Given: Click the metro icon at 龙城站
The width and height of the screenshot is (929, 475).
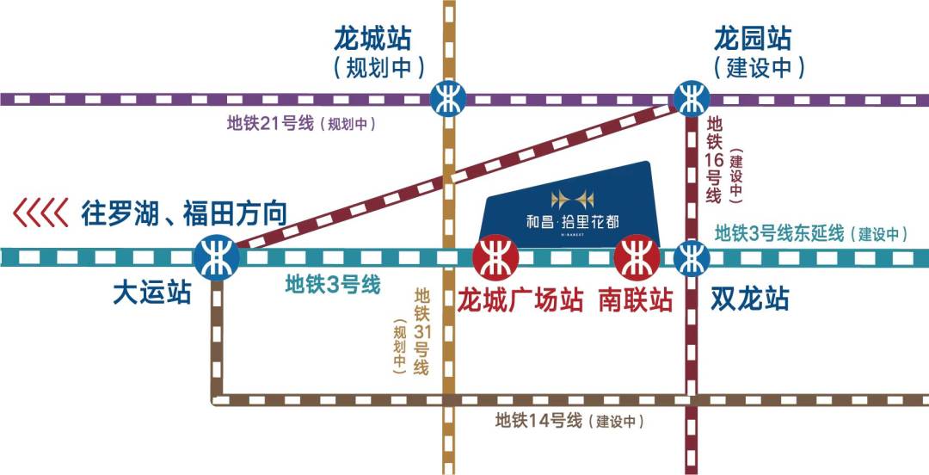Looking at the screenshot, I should [x=447, y=96].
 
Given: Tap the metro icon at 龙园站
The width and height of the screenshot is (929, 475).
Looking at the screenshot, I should [x=692, y=98].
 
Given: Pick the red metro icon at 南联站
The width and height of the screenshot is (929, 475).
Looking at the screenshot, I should [x=637, y=256].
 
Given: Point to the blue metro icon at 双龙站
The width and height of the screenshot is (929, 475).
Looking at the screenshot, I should [x=692, y=256].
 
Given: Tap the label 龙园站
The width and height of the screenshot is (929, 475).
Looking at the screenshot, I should [x=753, y=39].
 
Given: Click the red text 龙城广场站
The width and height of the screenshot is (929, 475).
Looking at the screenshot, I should [x=520, y=300].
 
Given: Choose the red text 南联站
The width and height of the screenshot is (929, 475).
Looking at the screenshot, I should [x=637, y=300].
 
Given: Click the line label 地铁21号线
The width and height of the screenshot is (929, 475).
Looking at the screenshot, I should [x=270, y=124].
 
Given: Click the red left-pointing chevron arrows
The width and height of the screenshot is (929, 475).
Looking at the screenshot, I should [x=40, y=213].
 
